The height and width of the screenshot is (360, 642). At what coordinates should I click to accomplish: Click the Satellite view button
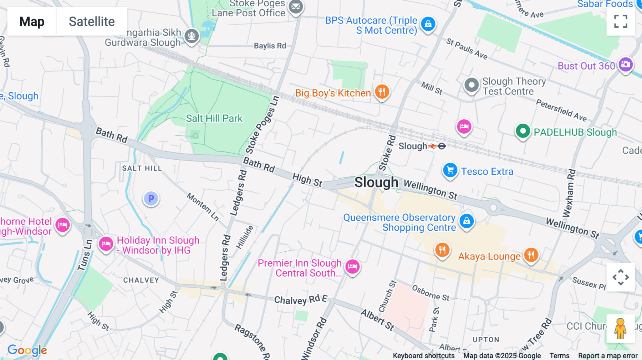pyautogui.click(x=92, y=21)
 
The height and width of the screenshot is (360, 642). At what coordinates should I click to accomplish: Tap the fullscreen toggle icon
pyautogui.click(x=621, y=21)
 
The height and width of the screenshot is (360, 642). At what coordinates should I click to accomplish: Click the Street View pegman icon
pyautogui.click(x=620, y=329)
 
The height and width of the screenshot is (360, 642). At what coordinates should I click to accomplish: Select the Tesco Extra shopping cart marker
pyautogui.click(x=450, y=170)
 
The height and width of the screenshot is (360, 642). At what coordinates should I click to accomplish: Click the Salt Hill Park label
pyautogui.click(x=214, y=118)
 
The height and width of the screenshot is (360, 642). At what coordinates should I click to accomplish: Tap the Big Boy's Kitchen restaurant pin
pyautogui.click(x=382, y=92)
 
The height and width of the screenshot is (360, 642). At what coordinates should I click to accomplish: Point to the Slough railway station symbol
pyautogui.click(x=433, y=146)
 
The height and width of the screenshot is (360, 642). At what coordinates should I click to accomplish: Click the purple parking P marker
pyautogui.click(x=151, y=199)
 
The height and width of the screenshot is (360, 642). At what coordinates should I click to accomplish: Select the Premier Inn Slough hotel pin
pyautogui.click(x=352, y=267)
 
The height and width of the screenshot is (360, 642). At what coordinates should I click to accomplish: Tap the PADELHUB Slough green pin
pyautogui.click(x=523, y=131)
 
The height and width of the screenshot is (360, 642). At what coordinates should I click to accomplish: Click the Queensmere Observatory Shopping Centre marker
pyautogui.click(x=467, y=221)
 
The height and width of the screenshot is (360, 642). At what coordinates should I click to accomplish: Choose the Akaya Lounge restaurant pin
pyautogui.click(x=531, y=255)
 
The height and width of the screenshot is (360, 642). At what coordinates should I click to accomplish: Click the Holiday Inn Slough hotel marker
pyautogui.click(x=106, y=244)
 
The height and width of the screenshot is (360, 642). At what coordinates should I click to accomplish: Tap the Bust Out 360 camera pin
pyautogui.click(x=626, y=65)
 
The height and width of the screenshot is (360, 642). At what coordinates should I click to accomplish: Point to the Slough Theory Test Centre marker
pyautogui.click(x=472, y=85)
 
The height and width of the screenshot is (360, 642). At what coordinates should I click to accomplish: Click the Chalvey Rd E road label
pyautogui.click(x=300, y=300)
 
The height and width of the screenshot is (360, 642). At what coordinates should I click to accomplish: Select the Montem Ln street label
pyautogui.click(x=203, y=207)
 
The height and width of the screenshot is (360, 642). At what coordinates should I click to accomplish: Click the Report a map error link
pyautogui.click(x=608, y=356)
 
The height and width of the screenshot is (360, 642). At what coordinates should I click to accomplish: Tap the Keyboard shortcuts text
pyautogui.click(x=423, y=356)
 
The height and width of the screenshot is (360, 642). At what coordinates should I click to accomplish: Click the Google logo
pyautogui.click(x=27, y=350)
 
